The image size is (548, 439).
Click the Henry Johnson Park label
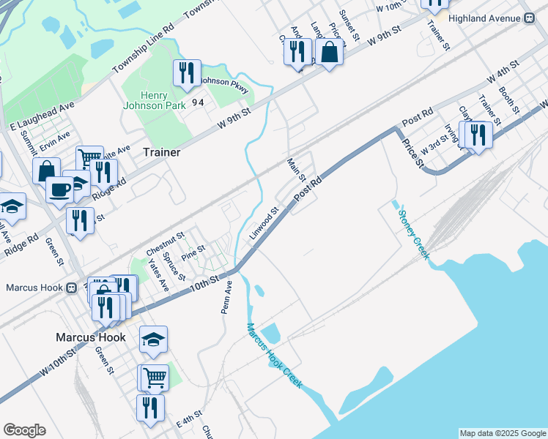point(155,102)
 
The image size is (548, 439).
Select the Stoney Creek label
point(414,235)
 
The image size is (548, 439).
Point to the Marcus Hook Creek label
point(274,356)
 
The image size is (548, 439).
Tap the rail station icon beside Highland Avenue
point(527,20)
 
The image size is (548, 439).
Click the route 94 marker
point(198,102)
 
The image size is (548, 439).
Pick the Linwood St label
point(264,224)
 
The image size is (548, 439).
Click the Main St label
point(297,171)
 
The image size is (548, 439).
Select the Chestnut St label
point(164,239)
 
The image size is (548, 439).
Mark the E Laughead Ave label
point(42,116)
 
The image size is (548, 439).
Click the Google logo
point(24,430)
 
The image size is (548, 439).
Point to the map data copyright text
point(502,433)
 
